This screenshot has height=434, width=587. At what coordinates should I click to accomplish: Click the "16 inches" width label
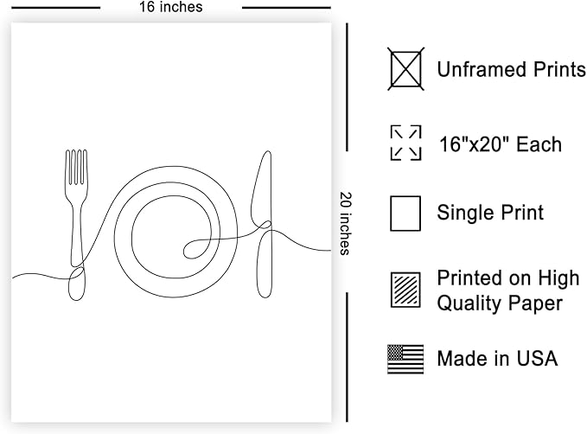coord(170,7)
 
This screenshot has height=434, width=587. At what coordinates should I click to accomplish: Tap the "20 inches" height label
coord(345,224)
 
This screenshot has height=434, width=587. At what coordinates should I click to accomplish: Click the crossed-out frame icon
coord(405,69)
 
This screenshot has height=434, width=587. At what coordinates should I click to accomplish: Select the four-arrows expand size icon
coord(405,143)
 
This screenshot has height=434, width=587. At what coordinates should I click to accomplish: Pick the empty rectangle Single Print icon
coord(405,214)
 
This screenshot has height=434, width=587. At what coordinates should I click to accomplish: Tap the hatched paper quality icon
coord(405,290)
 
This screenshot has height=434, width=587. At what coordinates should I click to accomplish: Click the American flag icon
coord(405,359)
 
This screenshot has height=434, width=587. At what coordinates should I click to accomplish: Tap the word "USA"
coord(537,359)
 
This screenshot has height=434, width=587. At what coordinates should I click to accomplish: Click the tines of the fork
coord(76,167)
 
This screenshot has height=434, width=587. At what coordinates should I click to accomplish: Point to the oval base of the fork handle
coord(77,284)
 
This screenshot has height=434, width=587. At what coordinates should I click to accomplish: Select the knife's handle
coord(265,265)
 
